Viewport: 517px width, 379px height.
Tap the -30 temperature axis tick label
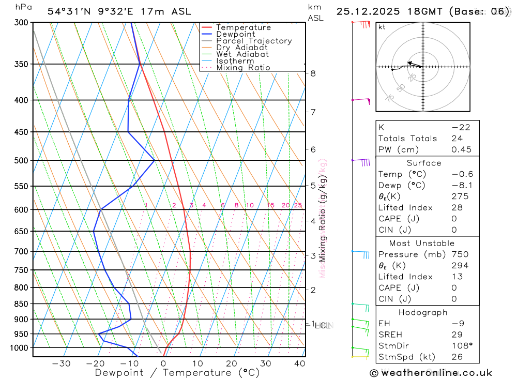[x=61, y=363]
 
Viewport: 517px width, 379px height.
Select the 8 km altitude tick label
[x=313, y=73]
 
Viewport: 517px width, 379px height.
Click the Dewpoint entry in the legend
[x=235, y=34]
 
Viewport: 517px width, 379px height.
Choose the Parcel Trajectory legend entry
[x=254, y=41]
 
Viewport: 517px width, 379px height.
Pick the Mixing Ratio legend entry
[x=243, y=68]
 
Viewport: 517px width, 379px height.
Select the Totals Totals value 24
[x=457, y=138]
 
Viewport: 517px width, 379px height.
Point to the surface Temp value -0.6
[x=462, y=174]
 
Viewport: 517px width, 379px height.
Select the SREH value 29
[x=457, y=335]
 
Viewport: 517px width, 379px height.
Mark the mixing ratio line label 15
[x=270, y=205]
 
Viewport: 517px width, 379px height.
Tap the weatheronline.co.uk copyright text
[x=431, y=373]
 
